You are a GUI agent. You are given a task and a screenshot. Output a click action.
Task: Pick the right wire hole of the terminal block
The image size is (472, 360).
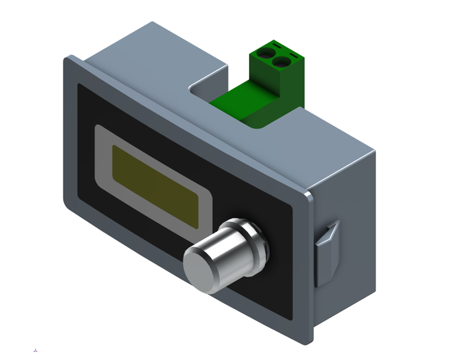tap(283, 61)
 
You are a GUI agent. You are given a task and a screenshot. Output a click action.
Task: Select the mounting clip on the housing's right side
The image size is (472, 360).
tap(327, 253)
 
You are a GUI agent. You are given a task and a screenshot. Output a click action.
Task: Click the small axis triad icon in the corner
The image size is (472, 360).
tap(36, 350)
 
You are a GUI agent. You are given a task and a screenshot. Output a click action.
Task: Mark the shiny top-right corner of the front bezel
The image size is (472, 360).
tap(308, 197)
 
